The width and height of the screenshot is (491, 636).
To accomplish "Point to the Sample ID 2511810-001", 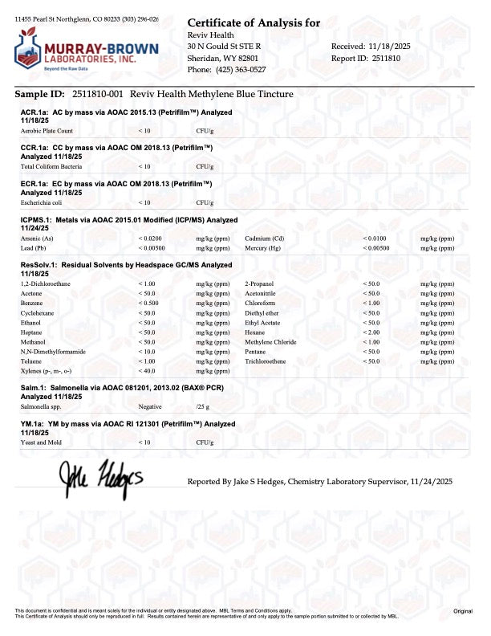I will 95,95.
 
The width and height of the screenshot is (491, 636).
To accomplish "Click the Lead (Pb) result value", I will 152,249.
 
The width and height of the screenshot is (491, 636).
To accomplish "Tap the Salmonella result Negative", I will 150,407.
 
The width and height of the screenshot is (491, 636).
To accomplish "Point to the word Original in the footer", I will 463,612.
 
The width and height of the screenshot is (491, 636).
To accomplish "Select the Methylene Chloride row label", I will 270,341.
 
